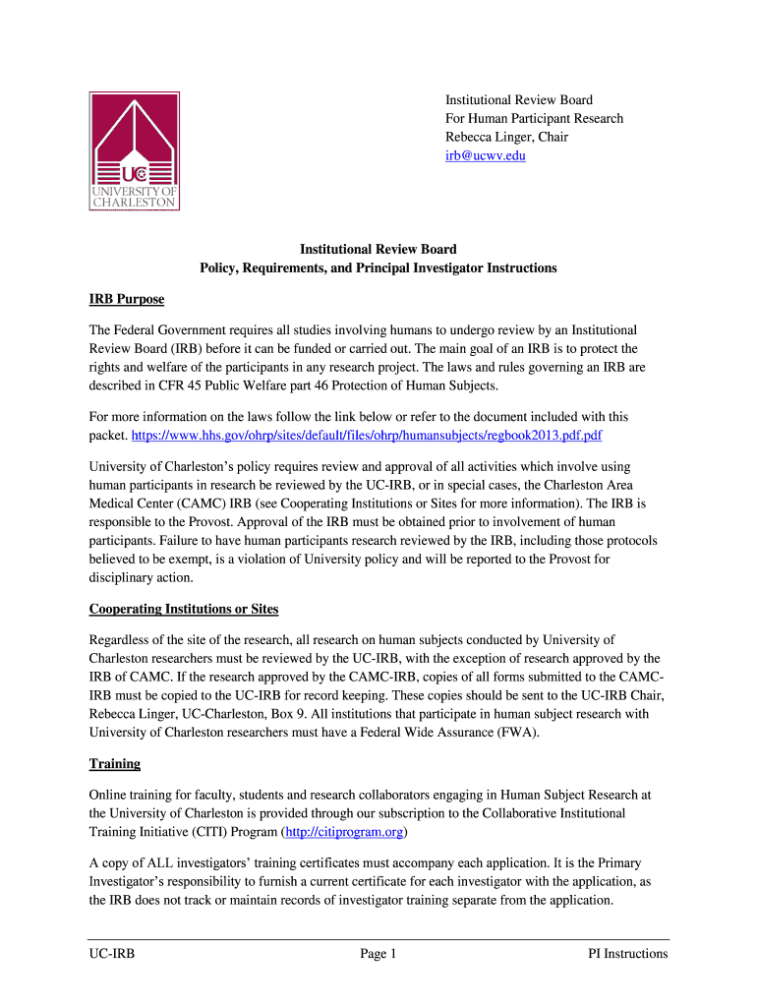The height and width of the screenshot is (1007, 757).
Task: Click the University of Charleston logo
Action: click(x=135, y=150)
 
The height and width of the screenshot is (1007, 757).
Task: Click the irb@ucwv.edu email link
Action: click(x=485, y=155)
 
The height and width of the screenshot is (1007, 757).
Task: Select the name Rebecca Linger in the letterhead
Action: click(x=485, y=137)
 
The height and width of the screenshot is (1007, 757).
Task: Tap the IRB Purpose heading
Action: click(x=127, y=299)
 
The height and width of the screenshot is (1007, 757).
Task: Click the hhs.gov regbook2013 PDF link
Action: click(x=367, y=434)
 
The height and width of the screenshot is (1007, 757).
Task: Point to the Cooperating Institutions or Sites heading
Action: click(x=184, y=609)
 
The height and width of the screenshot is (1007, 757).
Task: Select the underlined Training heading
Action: click(x=115, y=763)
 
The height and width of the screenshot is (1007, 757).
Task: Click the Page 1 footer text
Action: click(x=378, y=953)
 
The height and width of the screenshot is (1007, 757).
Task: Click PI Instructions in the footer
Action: click(x=627, y=953)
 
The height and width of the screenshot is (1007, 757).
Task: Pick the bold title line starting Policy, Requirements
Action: click(x=378, y=267)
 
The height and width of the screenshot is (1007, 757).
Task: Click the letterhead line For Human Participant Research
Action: click(x=534, y=118)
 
